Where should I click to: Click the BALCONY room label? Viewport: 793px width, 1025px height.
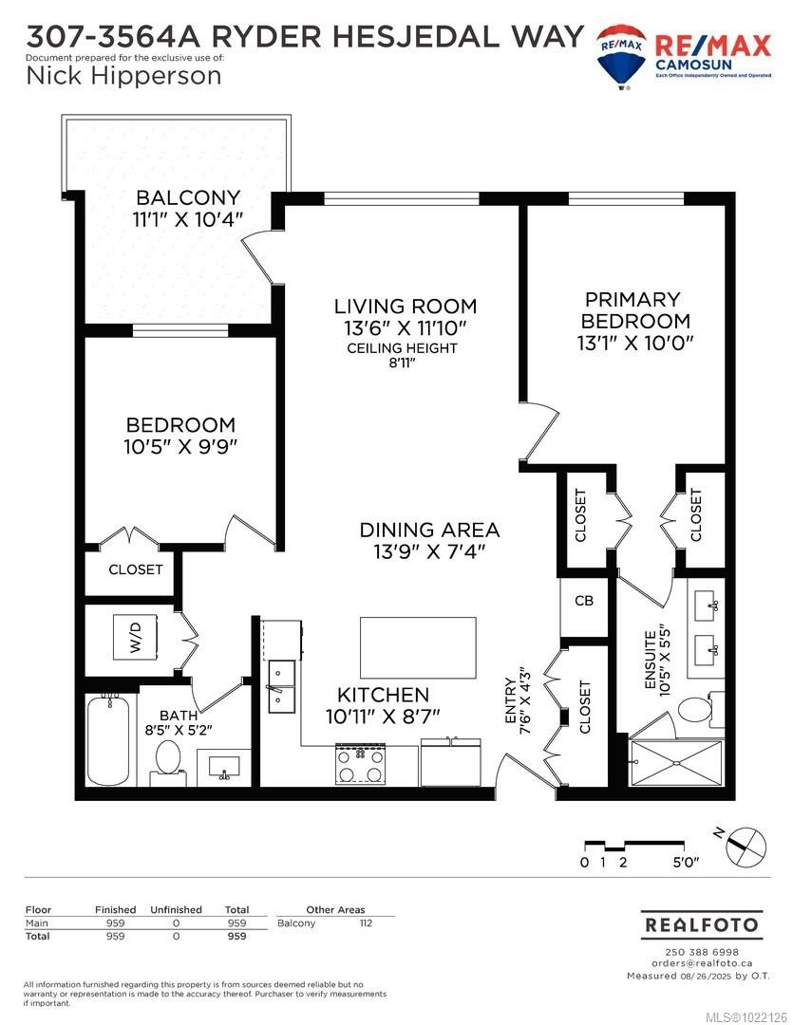188,198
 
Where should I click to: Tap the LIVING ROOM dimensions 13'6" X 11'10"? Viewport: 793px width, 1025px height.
406,328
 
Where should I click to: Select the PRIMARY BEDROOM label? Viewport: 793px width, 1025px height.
632,310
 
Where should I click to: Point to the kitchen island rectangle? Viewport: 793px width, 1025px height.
418,648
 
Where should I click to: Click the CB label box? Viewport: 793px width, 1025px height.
583,602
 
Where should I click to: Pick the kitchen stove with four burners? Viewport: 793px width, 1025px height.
360,764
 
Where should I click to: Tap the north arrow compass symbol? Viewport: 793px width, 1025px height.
746,845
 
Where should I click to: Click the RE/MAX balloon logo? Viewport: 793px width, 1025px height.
621,52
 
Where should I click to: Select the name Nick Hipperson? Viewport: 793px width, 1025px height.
124,76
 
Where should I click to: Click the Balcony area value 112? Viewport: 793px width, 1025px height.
366,922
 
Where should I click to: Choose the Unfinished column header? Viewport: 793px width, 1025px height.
176,909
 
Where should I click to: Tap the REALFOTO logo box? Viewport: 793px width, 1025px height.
702,923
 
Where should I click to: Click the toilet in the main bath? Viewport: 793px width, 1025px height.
167,757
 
